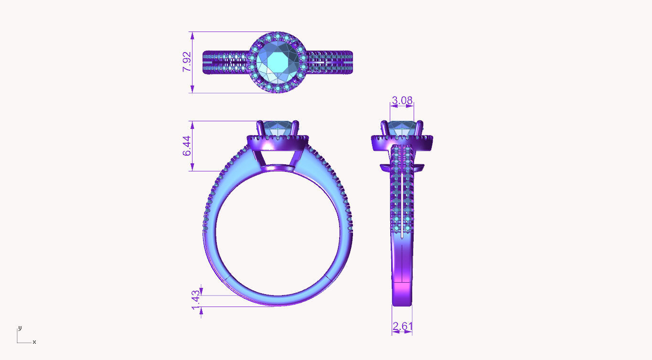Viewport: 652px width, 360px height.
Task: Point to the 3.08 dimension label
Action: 402,100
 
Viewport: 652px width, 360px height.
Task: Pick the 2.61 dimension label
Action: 402,327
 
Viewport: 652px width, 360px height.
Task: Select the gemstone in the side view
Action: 402,128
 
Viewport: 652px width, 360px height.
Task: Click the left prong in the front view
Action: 260,128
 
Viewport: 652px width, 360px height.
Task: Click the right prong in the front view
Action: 296,128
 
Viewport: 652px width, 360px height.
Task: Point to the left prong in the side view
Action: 384,128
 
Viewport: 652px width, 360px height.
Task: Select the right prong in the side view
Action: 420,128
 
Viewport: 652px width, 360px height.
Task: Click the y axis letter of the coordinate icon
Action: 20,328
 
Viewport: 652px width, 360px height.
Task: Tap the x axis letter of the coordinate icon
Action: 34,342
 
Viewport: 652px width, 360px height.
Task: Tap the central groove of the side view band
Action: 403,191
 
